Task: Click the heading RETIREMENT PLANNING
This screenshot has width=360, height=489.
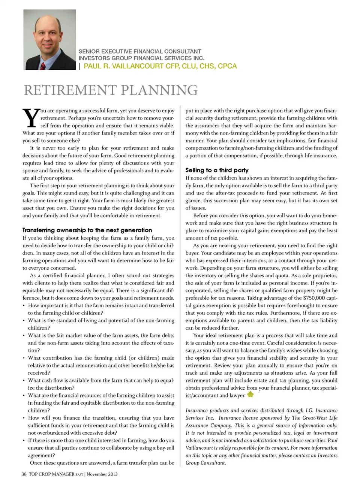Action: [111, 90]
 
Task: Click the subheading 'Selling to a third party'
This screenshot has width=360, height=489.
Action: [217, 170]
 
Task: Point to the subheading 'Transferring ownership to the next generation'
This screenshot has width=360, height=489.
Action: [87, 230]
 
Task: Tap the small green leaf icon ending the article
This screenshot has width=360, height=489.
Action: [250, 394]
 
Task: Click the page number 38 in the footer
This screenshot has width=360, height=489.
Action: [24, 474]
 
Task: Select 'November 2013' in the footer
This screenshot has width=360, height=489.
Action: [102, 474]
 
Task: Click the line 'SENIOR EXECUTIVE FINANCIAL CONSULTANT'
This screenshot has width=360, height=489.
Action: [139, 51]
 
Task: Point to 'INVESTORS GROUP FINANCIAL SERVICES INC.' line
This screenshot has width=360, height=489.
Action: [141, 58]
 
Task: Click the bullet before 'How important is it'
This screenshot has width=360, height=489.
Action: [24, 306]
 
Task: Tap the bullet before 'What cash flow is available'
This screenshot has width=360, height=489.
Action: [24, 381]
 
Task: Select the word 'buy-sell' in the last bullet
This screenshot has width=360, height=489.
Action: [165, 448]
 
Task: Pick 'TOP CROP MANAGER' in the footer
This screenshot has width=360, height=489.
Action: [51, 474]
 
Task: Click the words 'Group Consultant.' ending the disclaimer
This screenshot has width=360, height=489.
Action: [206, 463]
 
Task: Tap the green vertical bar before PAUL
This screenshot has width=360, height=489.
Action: [79, 66]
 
